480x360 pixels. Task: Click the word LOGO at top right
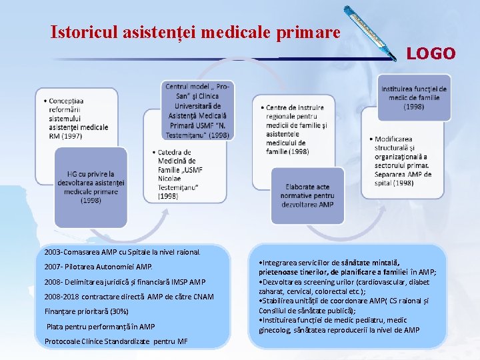tap(431, 53)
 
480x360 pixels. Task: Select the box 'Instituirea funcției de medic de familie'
tap(413, 98)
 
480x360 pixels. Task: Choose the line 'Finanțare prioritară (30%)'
tap(87, 311)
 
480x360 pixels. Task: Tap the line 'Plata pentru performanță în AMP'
tap(100, 327)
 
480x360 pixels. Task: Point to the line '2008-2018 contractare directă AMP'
tap(129, 296)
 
